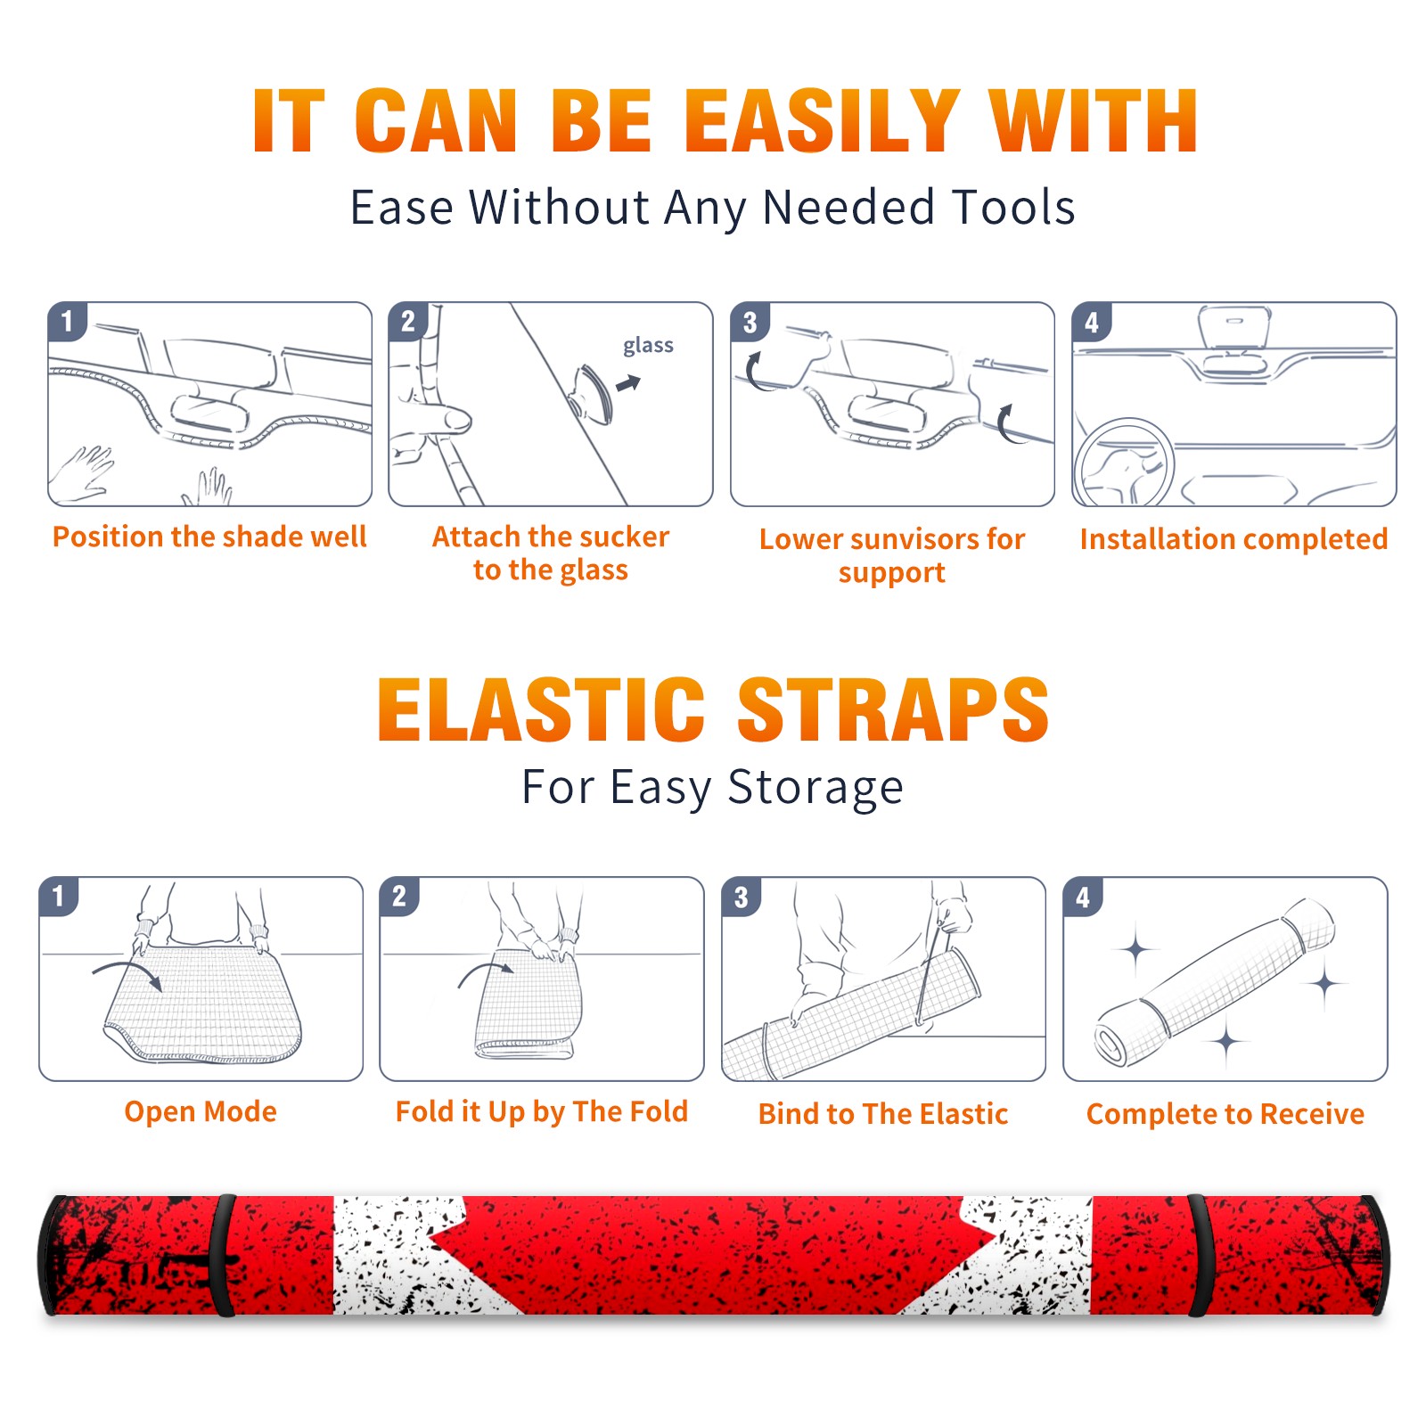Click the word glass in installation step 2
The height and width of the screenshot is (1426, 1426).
[648, 346]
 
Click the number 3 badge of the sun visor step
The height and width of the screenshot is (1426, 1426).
[750, 323]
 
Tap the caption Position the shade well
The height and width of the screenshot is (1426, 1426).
[209, 537]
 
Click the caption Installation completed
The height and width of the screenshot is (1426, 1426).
[1233, 538]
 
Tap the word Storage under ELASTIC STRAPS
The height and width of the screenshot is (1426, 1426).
[815, 788]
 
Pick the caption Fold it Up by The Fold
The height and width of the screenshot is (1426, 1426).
[542, 1111]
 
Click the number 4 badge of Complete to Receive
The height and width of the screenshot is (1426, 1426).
[1083, 897]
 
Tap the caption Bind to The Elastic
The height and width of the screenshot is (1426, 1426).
[883, 1114]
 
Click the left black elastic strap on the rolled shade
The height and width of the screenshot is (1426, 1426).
[225, 1255]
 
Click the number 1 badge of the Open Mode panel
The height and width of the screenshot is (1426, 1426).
[59, 897]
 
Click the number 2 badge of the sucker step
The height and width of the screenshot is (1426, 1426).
[408, 322]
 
